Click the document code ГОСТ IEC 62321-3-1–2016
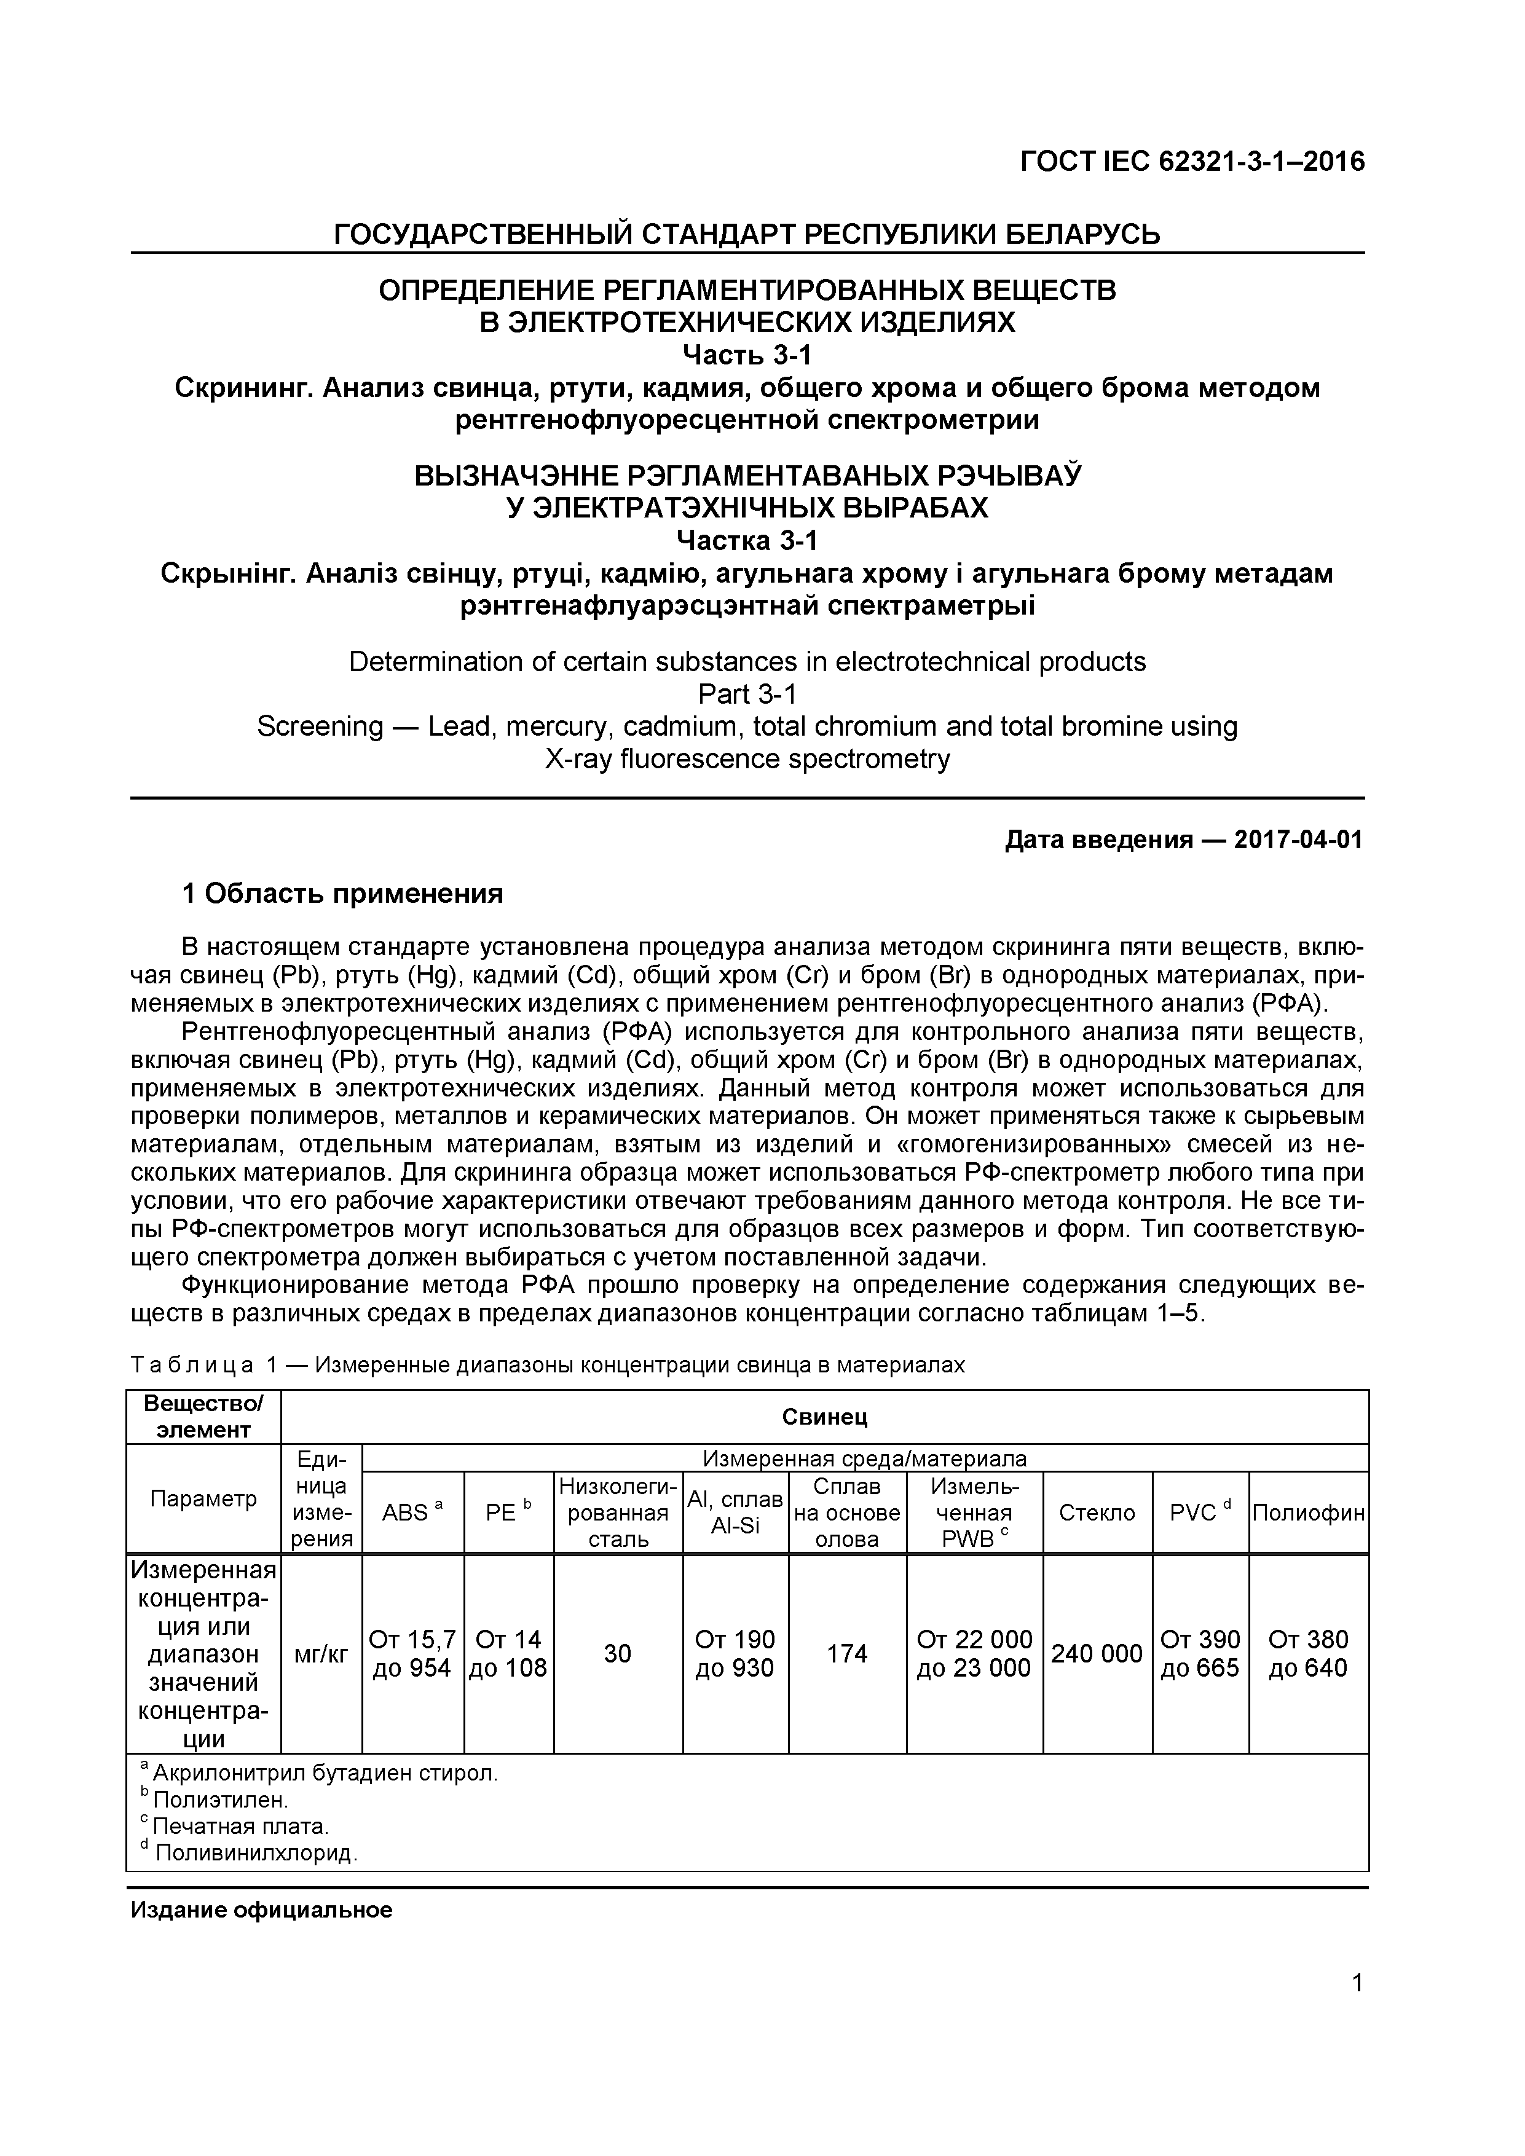click(x=1192, y=162)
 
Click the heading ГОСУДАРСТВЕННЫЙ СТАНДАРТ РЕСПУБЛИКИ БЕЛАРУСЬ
click(x=747, y=234)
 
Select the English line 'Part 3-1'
click(x=747, y=694)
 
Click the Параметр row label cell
click(x=203, y=1498)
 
